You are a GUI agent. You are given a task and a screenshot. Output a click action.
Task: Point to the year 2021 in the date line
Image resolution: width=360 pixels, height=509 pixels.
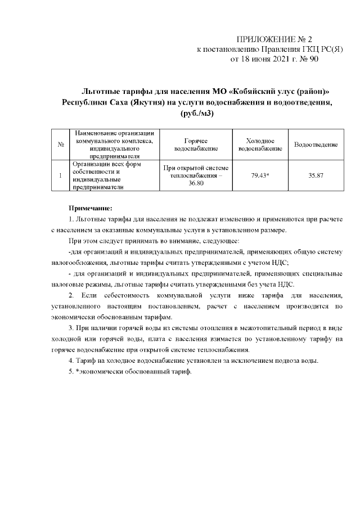[282, 58]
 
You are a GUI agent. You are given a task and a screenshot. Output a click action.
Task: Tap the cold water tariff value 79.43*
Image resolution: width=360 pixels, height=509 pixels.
[260, 176]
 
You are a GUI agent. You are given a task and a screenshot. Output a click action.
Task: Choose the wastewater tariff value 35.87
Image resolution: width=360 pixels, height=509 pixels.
[316, 176]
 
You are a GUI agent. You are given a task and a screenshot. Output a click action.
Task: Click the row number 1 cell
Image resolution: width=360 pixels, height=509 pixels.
[60, 176]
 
